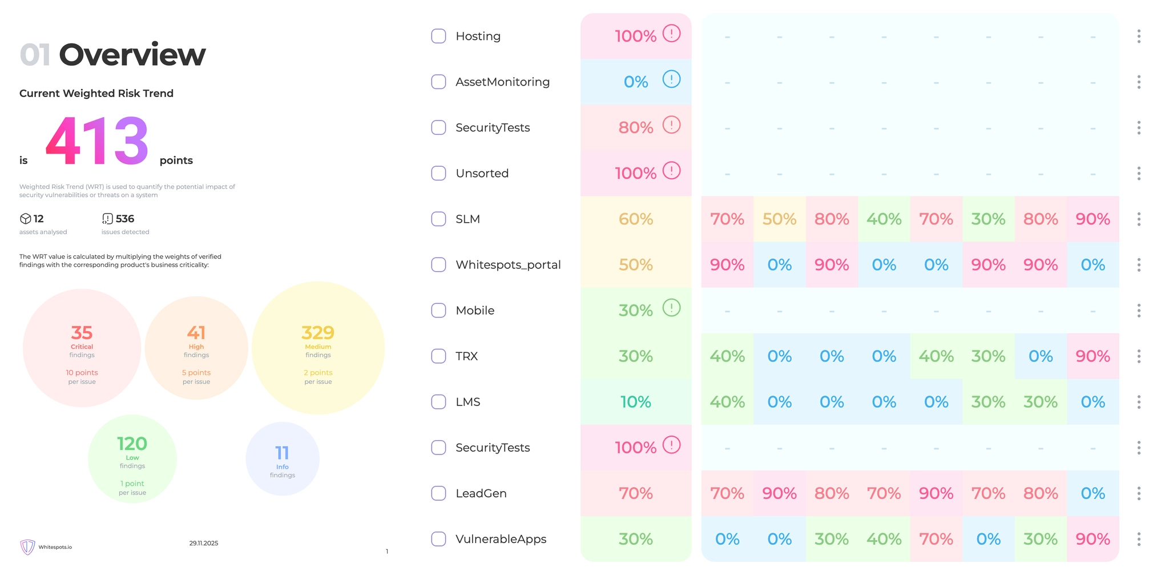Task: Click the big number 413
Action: pyautogui.click(x=97, y=141)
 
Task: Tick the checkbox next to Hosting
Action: pyautogui.click(x=438, y=36)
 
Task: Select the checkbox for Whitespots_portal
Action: pyautogui.click(x=438, y=264)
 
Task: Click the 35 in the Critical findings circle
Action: pyautogui.click(x=82, y=332)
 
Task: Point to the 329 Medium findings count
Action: pyautogui.click(x=318, y=332)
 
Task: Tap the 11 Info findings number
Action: pyautogui.click(x=282, y=453)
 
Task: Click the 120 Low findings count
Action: pyautogui.click(x=132, y=444)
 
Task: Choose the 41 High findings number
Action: pyautogui.click(x=196, y=332)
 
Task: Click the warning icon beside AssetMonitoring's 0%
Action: pyautogui.click(x=671, y=79)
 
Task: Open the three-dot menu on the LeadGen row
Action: pyautogui.click(x=1139, y=493)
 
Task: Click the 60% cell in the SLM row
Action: pyautogui.click(x=636, y=219)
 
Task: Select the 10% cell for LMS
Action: pyautogui.click(x=636, y=402)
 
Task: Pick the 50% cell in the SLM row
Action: pyautogui.click(x=779, y=219)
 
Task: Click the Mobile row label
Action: pyautogui.click(x=475, y=311)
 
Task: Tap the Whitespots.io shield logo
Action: pyautogui.click(x=27, y=547)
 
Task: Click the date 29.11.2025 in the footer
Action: pyautogui.click(x=204, y=543)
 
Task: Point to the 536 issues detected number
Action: pyautogui.click(x=124, y=219)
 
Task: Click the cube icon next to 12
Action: pyautogui.click(x=25, y=219)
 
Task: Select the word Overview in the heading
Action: pyautogui.click(x=132, y=55)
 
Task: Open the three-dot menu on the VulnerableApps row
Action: pyautogui.click(x=1139, y=539)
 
